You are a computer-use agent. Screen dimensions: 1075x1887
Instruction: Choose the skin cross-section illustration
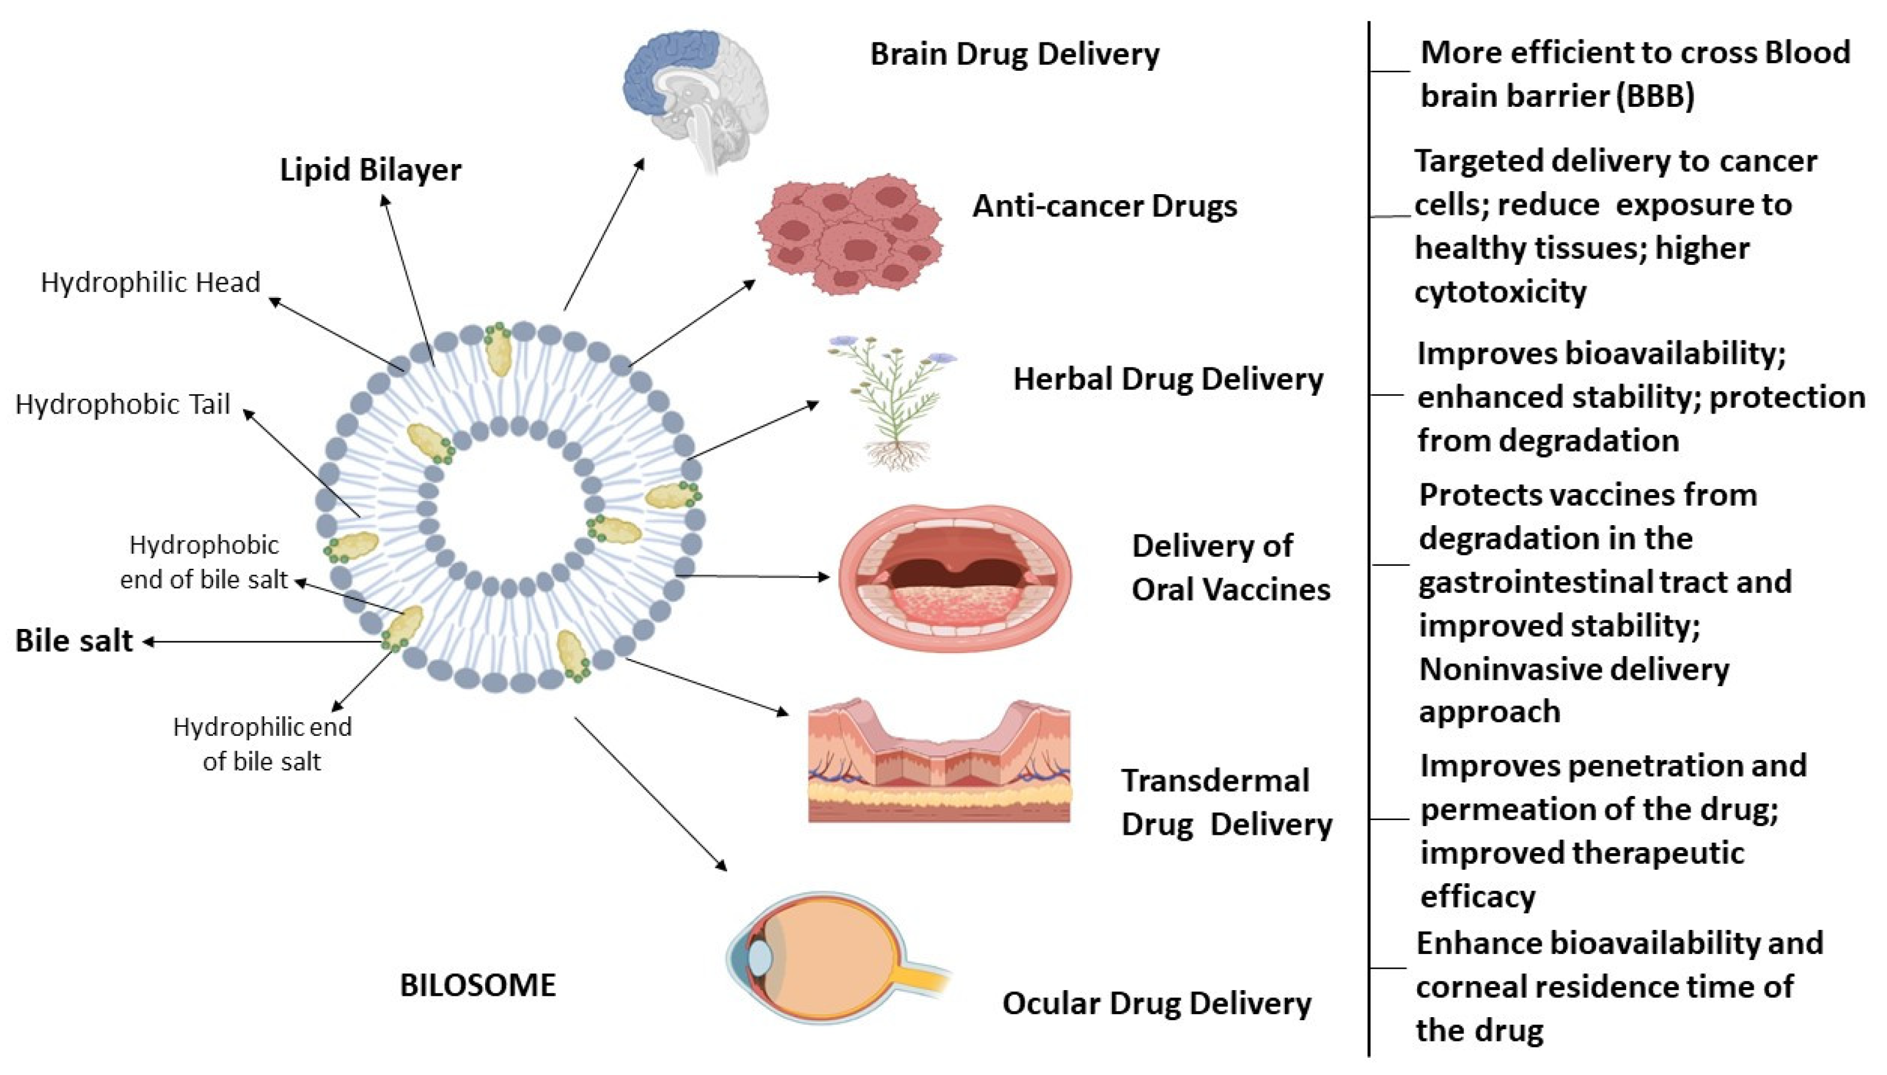pos(938,764)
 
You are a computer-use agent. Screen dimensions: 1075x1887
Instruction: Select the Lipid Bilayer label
pos(370,170)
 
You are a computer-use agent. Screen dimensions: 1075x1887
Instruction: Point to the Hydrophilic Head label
pos(151,282)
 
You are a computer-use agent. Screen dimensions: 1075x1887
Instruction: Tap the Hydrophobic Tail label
pos(123,404)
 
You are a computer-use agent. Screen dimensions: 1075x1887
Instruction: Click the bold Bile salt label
pos(74,641)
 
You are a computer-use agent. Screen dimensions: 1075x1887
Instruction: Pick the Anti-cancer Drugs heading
pos(1104,206)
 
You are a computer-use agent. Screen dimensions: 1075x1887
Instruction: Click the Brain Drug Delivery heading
pos(1014,54)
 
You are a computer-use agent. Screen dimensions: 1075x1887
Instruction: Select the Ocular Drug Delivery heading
pos(1156,1004)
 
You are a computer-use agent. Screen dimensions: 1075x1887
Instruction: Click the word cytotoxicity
pos(1500,291)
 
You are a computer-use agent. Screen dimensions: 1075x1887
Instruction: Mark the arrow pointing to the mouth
pos(753,576)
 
